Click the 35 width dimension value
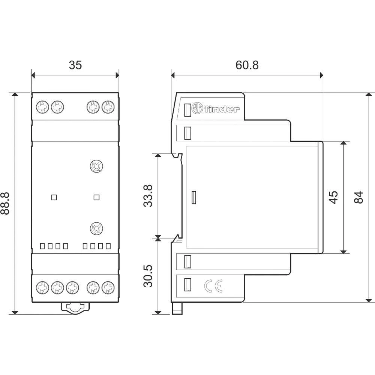pos(75,65)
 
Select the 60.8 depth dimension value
pos(247,65)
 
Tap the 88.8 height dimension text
pos(5,203)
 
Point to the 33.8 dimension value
pos(148,195)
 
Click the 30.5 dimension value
pos(148,276)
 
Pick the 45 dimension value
pos(333,197)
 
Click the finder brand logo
pos(216,109)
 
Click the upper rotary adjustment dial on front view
pos(96,166)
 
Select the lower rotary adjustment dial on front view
pos(96,228)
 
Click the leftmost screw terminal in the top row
pos(41,108)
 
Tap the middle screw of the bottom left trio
pos(57,288)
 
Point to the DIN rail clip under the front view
pos(75,307)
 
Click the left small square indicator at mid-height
pos(54,197)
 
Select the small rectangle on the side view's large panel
pos(194,198)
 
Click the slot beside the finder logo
pos(188,109)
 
